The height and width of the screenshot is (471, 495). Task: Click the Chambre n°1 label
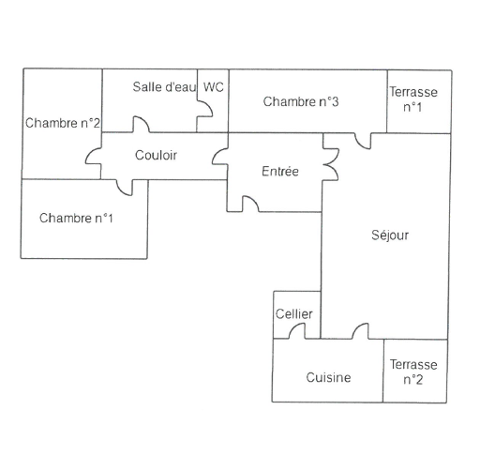click(x=76, y=219)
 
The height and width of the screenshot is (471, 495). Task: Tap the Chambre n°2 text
click(x=63, y=123)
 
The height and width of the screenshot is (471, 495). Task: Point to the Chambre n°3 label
click(x=301, y=101)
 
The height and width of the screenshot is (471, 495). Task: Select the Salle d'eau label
click(x=164, y=87)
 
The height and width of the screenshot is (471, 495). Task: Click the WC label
click(x=214, y=87)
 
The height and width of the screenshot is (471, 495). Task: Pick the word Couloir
click(x=156, y=155)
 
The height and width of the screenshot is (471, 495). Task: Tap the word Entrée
click(x=280, y=171)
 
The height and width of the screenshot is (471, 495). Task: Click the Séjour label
click(x=390, y=235)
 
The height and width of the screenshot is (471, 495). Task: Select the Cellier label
click(x=294, y=314)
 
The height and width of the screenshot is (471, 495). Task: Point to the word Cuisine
click(x=328, y=377)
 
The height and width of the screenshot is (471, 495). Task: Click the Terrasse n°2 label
click(x=413, y=372)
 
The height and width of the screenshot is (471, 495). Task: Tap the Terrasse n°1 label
click(x=413, y=99)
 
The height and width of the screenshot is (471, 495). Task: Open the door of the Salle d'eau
click(x=141, y=124)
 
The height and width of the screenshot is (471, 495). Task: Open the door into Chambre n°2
click(x=94, y=156)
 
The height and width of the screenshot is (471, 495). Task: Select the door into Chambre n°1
click(x=125, y=188)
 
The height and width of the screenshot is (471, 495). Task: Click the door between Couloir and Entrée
click(x=220, y=156)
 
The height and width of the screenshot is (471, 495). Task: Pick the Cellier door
click(x=297, y=331)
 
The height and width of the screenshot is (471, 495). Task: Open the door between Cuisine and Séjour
click(x=360, y=331)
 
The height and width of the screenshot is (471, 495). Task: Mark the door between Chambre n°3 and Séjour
click(x=363, y=141)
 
